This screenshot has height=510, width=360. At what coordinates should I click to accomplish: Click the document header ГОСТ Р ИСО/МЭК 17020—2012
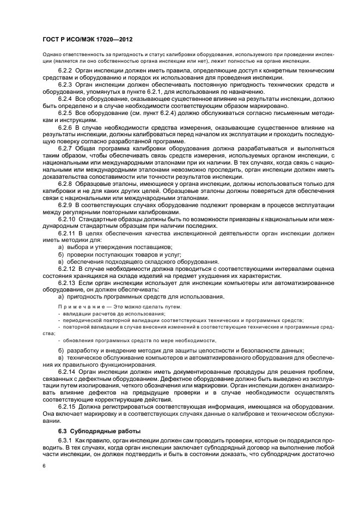pyautogui.click(x=87, y=40)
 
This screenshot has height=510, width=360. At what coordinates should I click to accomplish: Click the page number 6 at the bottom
pyautogui.click(x=44, y=466)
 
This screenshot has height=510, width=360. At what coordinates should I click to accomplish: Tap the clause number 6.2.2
pyautogui.click(x=65, y=71)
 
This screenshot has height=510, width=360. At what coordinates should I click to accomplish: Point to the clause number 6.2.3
pyautogui.click(x=65, y=85)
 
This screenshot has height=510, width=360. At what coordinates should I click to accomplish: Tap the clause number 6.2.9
pyautogui.click(x=65, y=205)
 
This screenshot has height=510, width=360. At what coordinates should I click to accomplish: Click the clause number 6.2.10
pyautogui.click(x=66, y=219)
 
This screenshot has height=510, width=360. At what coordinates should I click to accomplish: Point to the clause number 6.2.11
pyautogui.click(x=66, y=233)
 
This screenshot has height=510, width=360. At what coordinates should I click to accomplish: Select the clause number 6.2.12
pyautogui.click(x=66, y=268)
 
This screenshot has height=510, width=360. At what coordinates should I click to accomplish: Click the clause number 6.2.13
pyautogui.click(x=66, y=282)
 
